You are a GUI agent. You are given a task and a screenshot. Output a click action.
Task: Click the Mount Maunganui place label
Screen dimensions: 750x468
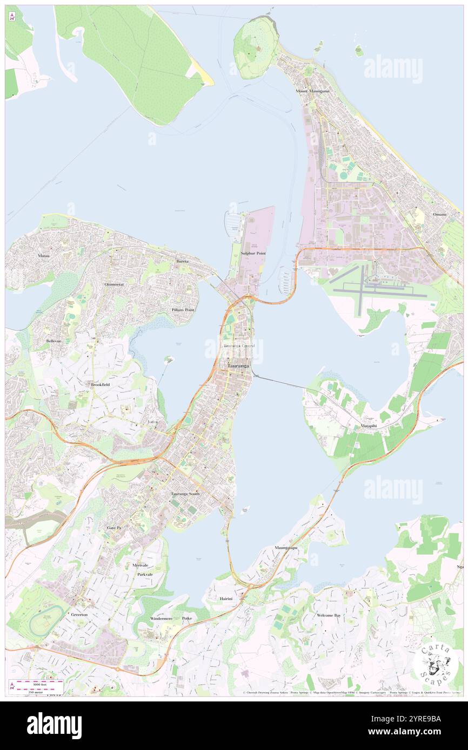point(312,91)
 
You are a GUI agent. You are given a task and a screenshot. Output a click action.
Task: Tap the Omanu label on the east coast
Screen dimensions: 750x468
point(439,215)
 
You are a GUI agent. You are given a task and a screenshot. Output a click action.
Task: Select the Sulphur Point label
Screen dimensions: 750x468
point(253,253)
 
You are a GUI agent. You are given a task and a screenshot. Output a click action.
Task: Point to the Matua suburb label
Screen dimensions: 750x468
point(44,255)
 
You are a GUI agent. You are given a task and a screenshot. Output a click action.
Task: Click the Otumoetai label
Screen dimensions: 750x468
point(114,284)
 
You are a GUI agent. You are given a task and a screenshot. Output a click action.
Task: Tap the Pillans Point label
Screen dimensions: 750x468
point(183,310)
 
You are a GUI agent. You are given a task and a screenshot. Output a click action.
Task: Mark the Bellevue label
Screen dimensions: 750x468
point(54,342)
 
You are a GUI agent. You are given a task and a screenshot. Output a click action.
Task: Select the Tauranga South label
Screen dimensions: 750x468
point(185,494)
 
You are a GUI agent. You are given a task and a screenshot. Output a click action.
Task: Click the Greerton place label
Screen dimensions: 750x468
point(79,615)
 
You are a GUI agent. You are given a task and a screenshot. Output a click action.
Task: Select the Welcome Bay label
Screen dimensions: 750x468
point(329,615)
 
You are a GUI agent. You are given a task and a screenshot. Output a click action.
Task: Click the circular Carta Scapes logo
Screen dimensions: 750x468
point(435,663)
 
